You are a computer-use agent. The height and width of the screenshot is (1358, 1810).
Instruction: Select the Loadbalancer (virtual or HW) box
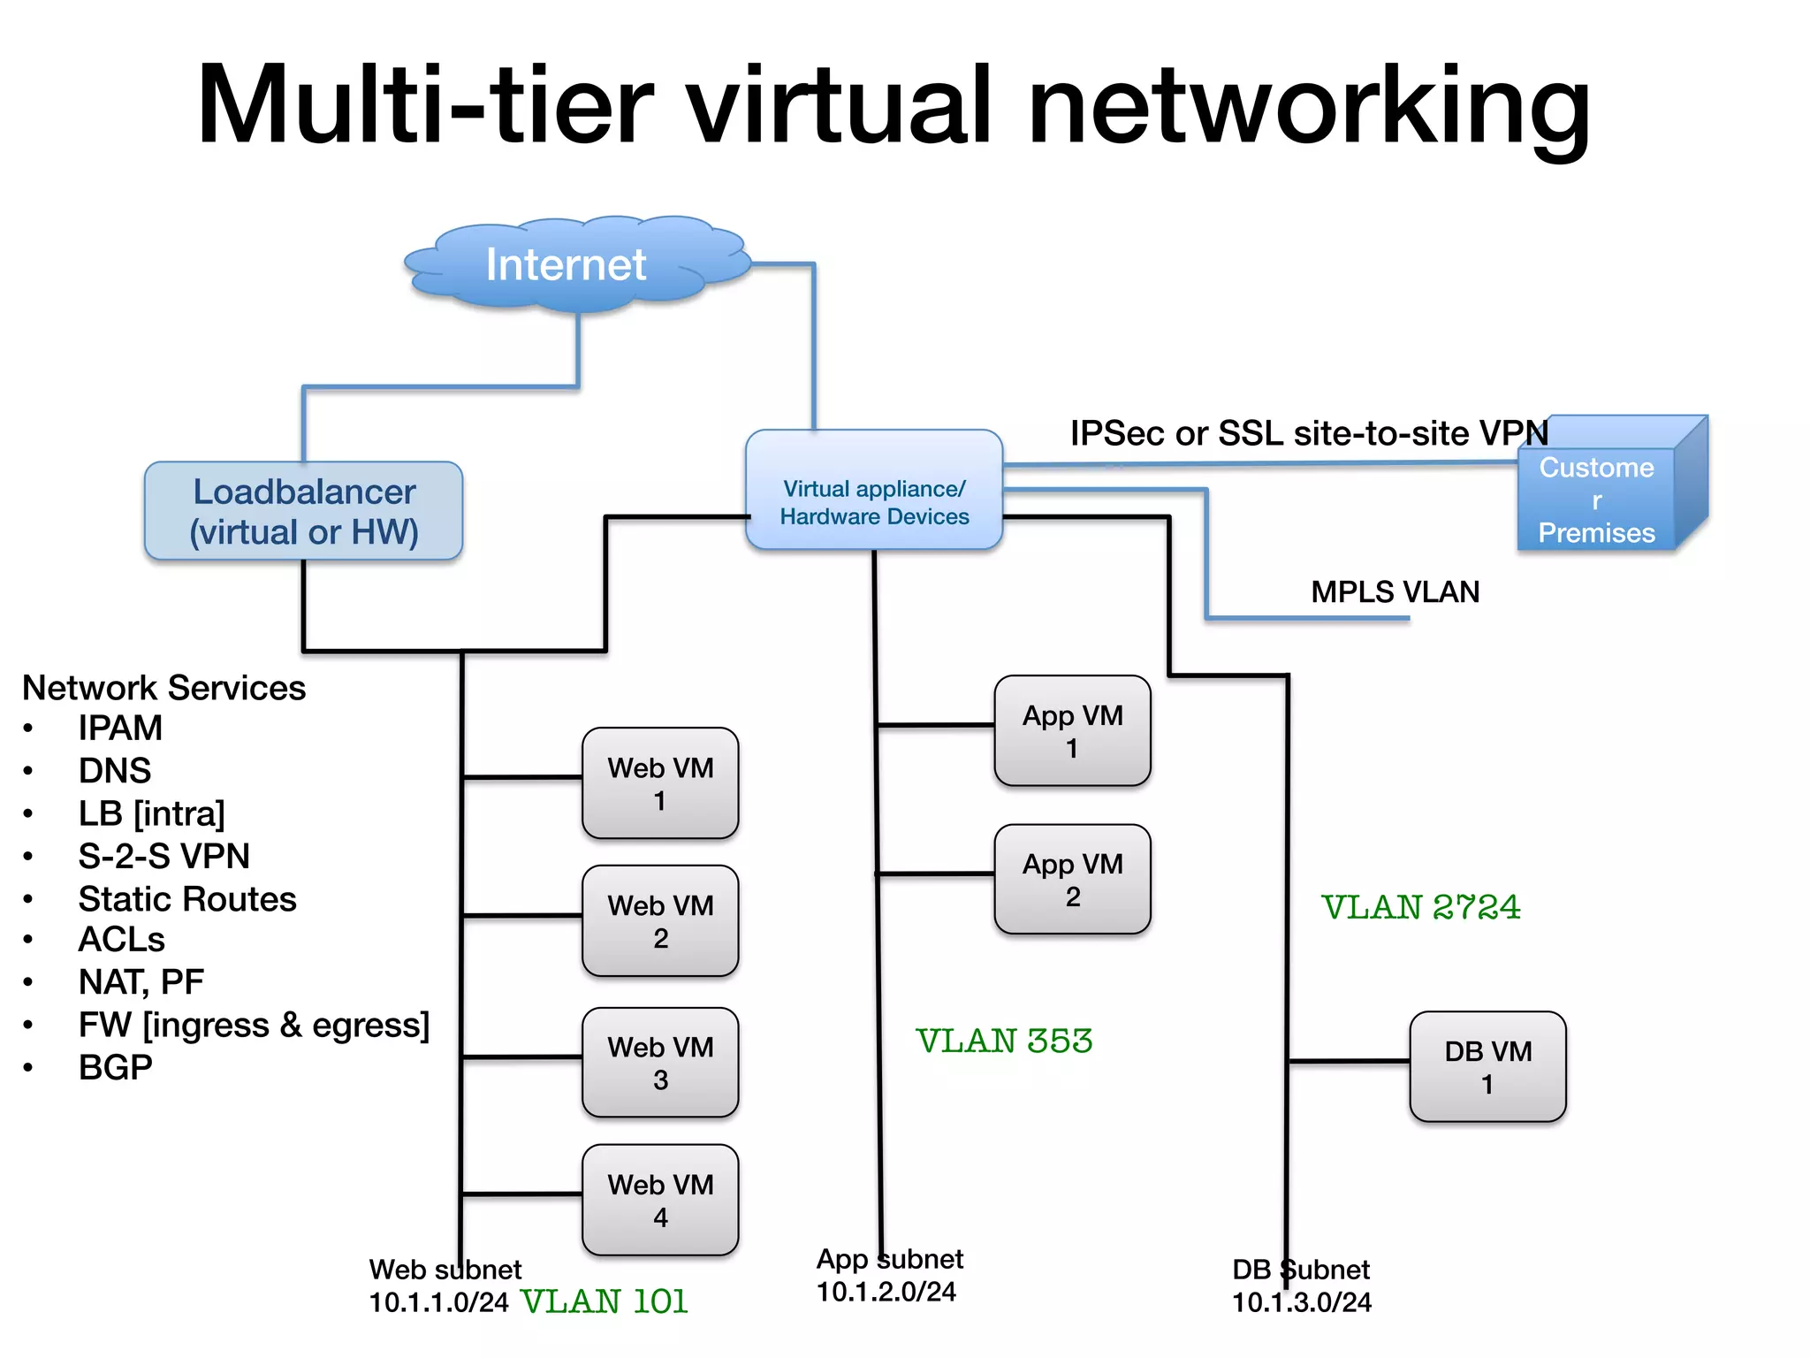[x=304, y=512]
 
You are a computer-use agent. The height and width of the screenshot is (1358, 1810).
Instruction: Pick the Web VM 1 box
[x=660, y=783]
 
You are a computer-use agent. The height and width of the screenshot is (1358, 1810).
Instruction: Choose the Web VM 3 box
[x=660, y=1063]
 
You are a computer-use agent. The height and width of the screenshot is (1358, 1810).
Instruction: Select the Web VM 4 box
[x=660, y=1201]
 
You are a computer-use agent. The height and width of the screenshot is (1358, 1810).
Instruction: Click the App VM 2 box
[x=1072, y=880]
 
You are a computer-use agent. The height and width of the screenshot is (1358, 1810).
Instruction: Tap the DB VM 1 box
[x=1487, y=1067]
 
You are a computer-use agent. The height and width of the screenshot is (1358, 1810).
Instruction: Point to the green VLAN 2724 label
[x=1420, y=907]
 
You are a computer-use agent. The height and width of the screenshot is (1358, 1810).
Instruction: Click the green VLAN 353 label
[x=1004, y=1041]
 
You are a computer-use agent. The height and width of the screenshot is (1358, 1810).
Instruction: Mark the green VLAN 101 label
[x=605, y=1302]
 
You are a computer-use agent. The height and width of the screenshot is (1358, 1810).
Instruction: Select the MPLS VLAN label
[x=1395, y=591]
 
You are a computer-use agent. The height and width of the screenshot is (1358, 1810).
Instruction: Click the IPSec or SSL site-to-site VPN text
[x=1308, y=433]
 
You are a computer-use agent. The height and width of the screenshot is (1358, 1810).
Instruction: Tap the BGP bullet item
[x=115, y=1068]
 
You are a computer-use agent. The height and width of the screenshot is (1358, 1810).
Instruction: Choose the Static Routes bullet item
[x=187, y=899]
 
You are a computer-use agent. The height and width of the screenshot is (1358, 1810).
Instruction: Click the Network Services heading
[x=164, y=688]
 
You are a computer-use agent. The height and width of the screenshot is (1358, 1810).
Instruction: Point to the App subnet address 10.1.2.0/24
[x=886, y=1292]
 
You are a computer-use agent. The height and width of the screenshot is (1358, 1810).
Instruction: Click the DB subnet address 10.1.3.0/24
[x=1302, y=1302]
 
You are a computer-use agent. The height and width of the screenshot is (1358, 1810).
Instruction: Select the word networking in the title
[x=1308, y=106]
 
